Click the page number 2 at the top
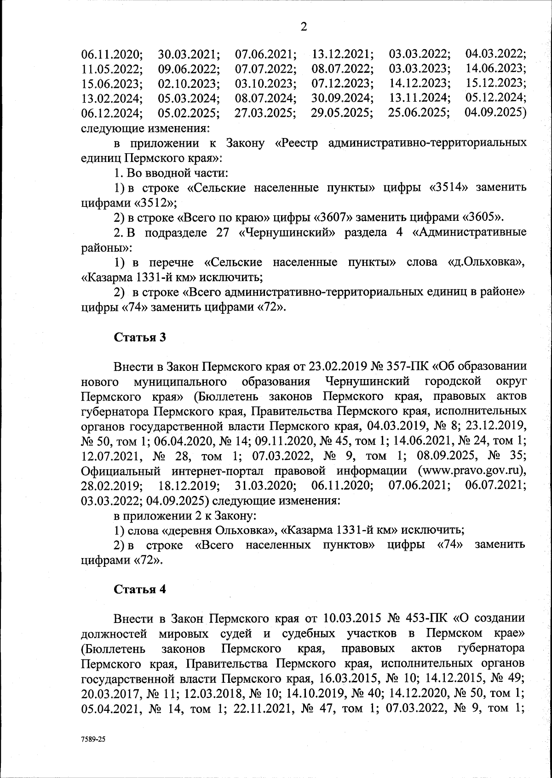tap(304, 27)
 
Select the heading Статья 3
tap(139, 337)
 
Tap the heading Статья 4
tap(139, 589)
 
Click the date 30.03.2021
tap(189, 54)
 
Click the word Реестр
tap(297, 143)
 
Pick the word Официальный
tap(121, 471)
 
